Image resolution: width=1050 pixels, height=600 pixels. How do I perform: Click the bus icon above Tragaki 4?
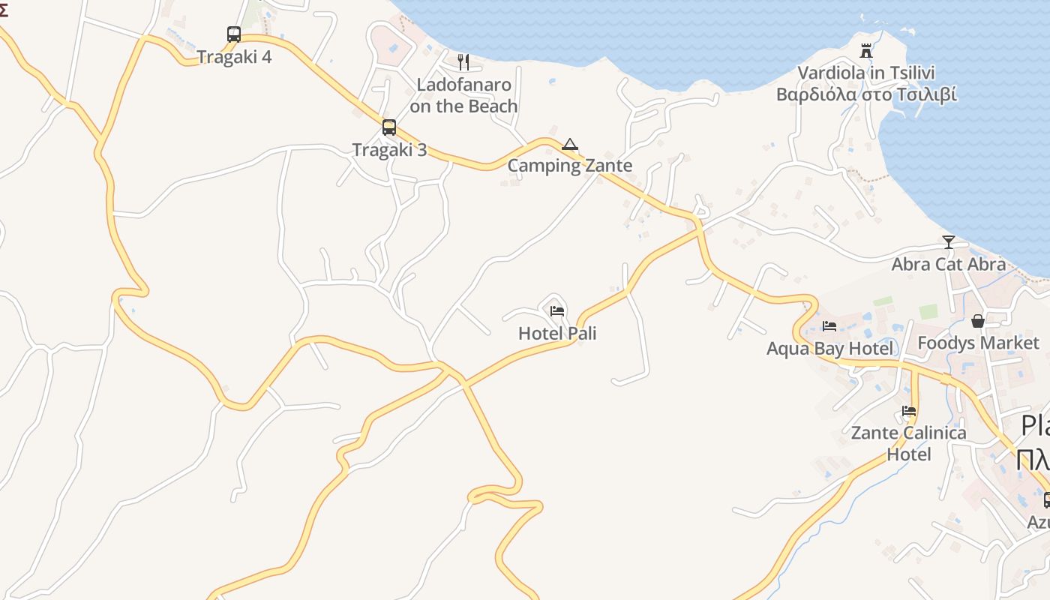pos(234,34)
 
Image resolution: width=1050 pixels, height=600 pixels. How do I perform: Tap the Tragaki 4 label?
pos(234,57)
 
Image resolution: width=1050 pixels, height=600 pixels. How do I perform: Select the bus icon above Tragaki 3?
pos(388,127)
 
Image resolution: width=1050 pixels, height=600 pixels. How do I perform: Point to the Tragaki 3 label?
pos(389,150)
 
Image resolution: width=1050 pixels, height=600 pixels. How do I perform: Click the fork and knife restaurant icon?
pos(463,62)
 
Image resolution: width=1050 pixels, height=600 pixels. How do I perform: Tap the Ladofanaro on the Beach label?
pos(463,95)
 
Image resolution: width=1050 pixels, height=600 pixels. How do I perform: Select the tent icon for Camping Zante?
pos(570,144)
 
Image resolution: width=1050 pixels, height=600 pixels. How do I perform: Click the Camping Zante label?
pos(570,166)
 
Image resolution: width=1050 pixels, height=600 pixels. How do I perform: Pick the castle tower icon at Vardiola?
pos(866,51)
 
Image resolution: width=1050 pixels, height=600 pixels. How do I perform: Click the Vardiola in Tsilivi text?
pos(866,73)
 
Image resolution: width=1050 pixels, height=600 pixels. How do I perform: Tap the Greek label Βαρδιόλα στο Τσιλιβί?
pos(866,94)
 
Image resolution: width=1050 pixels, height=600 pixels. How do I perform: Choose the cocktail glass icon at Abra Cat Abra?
pos(949,242)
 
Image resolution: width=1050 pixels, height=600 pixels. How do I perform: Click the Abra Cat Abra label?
pos(949,264)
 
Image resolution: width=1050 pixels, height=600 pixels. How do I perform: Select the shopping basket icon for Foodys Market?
pos(978,321)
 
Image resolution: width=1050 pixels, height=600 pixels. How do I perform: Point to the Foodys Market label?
pos(978,343)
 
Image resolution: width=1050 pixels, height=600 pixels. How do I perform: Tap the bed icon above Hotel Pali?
pos(557,311)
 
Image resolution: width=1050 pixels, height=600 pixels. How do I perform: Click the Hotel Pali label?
pos(557,333)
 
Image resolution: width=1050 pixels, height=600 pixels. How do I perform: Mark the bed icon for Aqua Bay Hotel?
pos(829,326)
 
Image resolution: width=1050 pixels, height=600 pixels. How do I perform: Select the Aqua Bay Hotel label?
pos(829,349)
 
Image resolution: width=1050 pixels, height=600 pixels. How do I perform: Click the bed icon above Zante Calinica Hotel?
pos(909,411)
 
